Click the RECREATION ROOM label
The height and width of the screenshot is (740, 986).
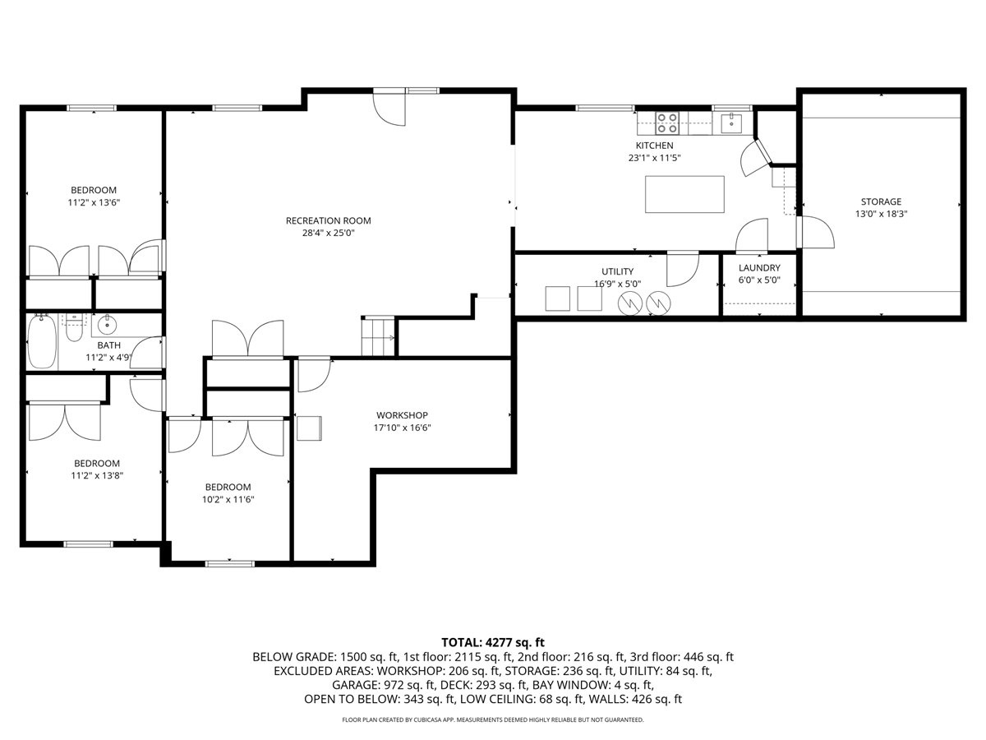click(328, 220)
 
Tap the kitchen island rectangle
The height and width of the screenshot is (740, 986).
click(684, 194)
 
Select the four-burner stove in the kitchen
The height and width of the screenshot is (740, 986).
click(667, 123)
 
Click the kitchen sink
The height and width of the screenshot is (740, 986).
click(730, 123)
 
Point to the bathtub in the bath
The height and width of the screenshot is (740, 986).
click(42, 342)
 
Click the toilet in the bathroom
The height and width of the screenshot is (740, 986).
click(74, 329)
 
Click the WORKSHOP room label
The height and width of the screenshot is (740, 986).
click(402, 415)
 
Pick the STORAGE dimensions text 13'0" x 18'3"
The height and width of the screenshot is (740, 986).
click(881, 214)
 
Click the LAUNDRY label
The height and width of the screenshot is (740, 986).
click(758, 268)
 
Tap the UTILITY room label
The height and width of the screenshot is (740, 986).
click(617, 272)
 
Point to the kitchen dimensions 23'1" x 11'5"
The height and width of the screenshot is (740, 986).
click(655, 158)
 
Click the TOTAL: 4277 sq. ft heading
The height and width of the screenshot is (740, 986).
click(492, 642)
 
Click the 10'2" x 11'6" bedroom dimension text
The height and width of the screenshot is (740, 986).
click(228, 499)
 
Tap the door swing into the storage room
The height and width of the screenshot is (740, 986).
click(815, 233)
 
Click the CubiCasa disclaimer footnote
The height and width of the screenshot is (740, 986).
click(492, 719)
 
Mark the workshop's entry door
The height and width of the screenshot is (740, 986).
click(312, 374)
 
